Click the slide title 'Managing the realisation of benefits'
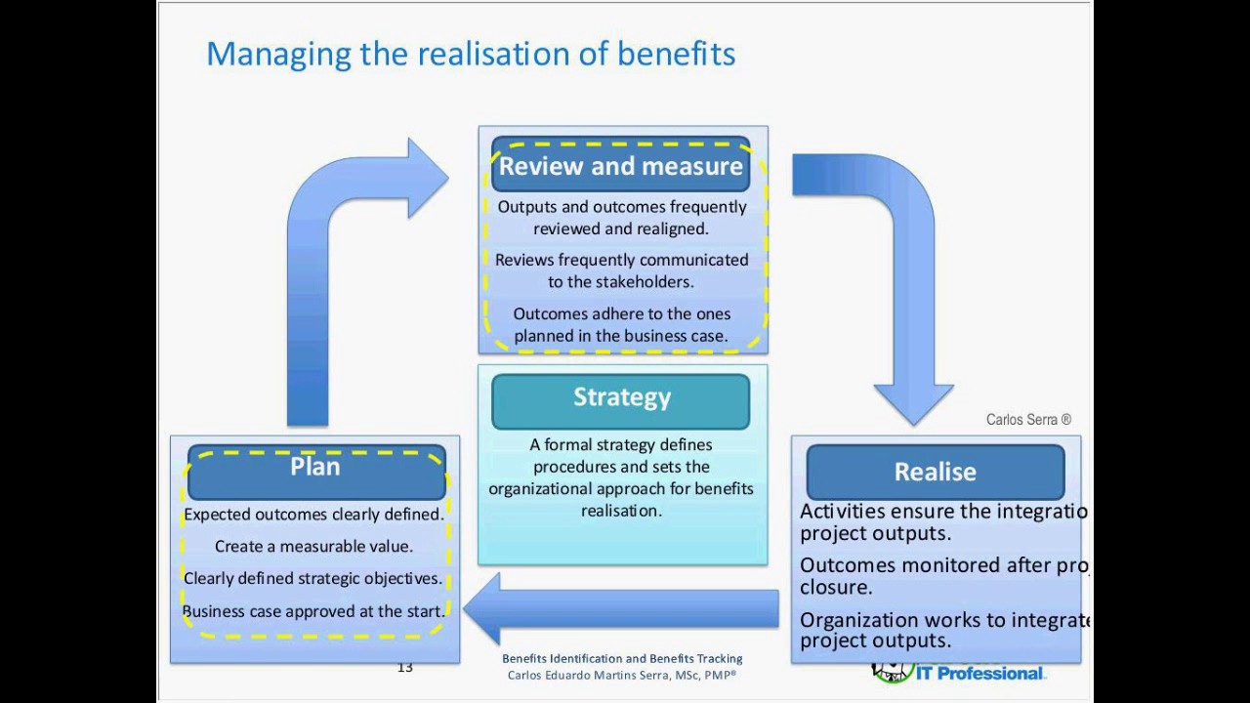tap(471, 54)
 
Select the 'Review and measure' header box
tap(621, 166)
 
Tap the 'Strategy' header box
tap(621, 398)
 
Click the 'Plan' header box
tap(315, 468)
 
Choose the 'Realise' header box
tap(935, 473)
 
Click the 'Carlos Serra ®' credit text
tap(1028, 420)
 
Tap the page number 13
tap(405, 668)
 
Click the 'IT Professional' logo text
tap(979, 673)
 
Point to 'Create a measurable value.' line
tap(313, 547)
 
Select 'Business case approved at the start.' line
tap(313, 611)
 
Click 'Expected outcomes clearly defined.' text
tap(313, 515)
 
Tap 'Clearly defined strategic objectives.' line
tap(313, 579)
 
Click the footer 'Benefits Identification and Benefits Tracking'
tap(622, 659)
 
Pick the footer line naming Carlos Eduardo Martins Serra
tap(622, 675)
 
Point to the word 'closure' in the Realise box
tap(835, 588)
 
